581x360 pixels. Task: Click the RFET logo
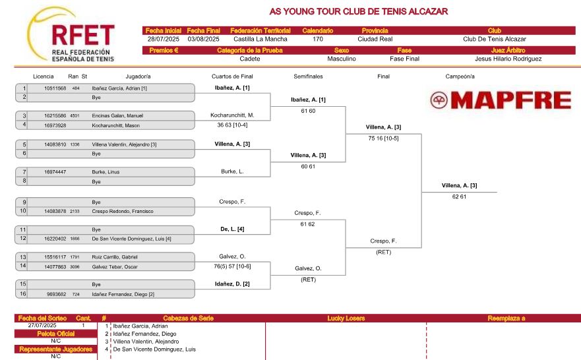point(71,34)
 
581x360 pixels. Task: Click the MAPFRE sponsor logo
point(501,100)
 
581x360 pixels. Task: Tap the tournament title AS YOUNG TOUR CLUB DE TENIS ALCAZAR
point(358,11)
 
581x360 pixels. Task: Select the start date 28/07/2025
point(164,40)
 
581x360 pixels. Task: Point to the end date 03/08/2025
point(203,40)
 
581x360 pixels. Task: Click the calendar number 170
point(318,40)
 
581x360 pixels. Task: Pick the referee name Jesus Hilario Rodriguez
point(508,59)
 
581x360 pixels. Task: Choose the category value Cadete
point(250,59)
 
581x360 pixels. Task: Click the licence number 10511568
point(55,88)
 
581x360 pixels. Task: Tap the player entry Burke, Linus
point(106,172)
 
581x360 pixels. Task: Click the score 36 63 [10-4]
point(232,125)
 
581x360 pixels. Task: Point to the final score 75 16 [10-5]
point(384,138)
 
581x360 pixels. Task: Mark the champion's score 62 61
point(459,196)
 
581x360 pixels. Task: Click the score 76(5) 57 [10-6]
point(232,266)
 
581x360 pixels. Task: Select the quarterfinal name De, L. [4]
point(232,229)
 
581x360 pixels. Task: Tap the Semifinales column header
point(308,76)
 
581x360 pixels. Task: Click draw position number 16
point(23,293)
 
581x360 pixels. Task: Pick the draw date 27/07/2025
point(42,326)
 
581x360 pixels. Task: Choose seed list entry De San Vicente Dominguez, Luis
point(154,349)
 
